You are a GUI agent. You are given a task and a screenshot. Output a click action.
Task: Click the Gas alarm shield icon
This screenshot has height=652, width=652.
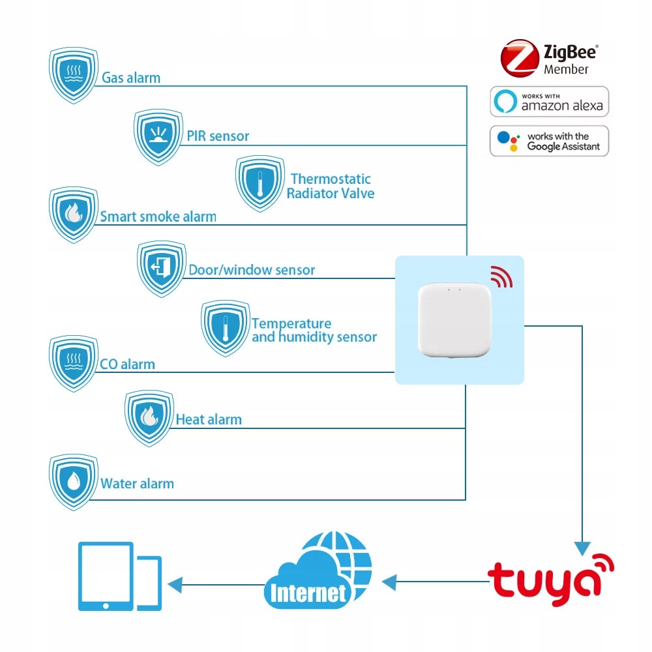(x=74, y=75)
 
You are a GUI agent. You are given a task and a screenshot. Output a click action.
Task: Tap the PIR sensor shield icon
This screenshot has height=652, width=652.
(x=157, y=137)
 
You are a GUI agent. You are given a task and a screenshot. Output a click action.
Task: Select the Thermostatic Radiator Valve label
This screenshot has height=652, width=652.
(x=331, y=186)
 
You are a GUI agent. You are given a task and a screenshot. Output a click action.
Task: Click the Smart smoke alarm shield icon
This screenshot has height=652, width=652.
(x=74, y=215)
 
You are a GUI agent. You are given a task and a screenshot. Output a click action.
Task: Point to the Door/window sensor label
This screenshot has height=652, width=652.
(x=252, y=270)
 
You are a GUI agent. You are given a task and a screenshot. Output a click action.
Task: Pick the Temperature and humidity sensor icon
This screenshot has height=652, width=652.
(x=225, y=328)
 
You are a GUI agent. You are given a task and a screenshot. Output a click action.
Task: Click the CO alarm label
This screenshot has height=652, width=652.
(x=127, y=364)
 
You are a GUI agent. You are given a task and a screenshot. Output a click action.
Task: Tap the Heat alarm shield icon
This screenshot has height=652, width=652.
(x=149, y=418)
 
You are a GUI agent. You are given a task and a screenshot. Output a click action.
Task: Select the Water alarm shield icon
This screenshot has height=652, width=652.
(x=74, y=483)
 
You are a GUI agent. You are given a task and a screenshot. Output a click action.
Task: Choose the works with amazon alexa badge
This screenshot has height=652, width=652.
(x=549, y=102)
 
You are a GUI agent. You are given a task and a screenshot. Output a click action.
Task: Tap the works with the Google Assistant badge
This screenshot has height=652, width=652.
(x=549, y=141)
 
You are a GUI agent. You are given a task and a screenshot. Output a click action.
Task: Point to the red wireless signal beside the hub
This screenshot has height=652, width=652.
(x=501, y=276)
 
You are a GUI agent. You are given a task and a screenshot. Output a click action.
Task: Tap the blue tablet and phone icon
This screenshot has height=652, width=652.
(x=119, y=577)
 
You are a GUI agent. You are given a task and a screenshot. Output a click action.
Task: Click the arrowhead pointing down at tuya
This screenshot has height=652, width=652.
(x=582, y=548)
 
